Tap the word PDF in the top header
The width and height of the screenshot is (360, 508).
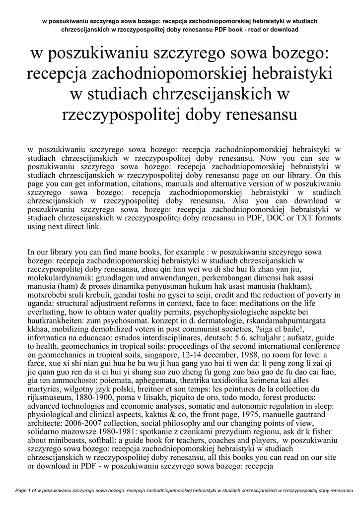[x=221, y=30]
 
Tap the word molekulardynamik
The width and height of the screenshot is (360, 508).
[x=60, y=278]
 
